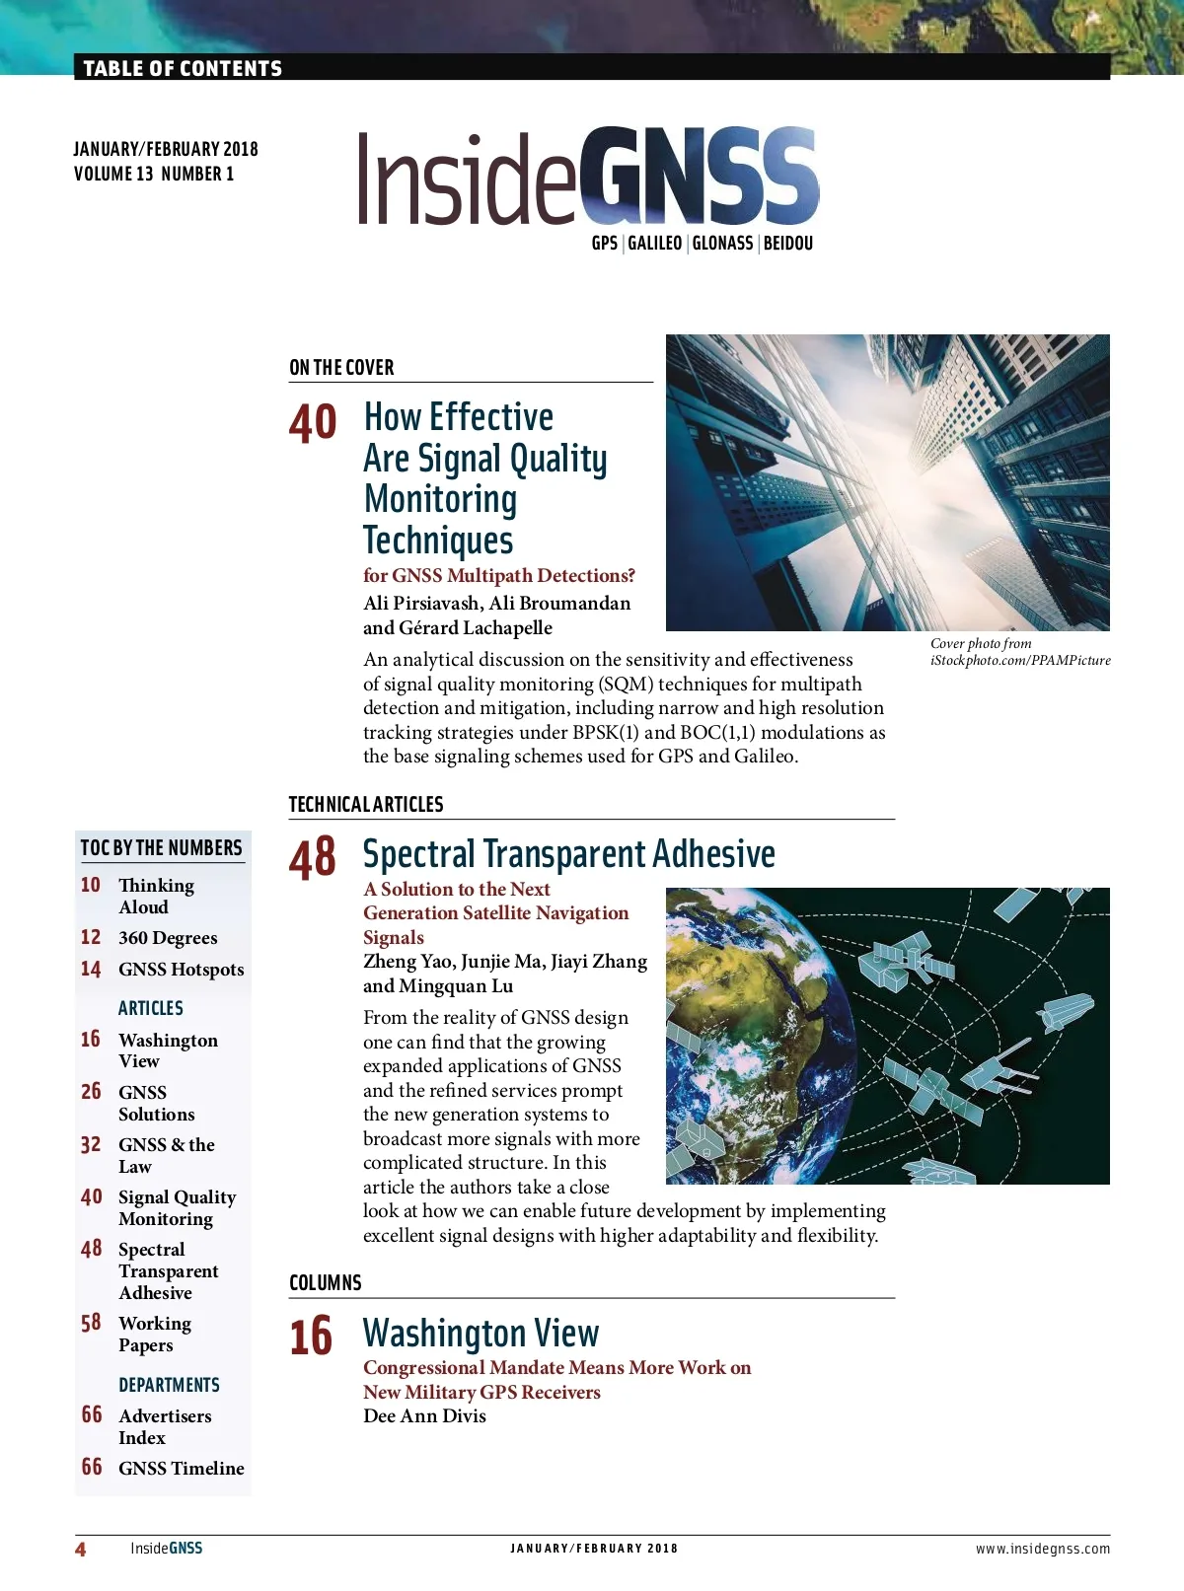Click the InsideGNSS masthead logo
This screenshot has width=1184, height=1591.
pyautogui.click(x=588, y=178)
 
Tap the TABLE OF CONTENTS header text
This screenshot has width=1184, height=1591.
pyautogui.click(x=183, y=68)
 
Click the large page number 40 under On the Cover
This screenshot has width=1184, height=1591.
pyautogui.click(x=313, y=423)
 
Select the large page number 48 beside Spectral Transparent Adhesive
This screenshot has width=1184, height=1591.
pyautogui.click(x=313, y=857)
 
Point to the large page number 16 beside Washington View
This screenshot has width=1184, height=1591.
pyautogui.click(x=311, y=1337)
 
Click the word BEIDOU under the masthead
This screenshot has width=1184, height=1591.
pyautogui.click(x=788, y=244)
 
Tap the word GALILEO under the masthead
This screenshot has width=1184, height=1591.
pyautogui.click(x=655, y=244)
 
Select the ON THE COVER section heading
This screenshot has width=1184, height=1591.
pyautogui.click(x=341, y=368)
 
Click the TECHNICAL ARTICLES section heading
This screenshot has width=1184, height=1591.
pyautogui.click(x=366, y=805)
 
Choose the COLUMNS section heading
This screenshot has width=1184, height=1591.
pyautogui.click(x=326, y=1283)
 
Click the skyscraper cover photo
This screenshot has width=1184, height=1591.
pyautogui.click(x=887, y=482)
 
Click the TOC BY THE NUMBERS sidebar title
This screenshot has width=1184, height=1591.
pyautogui.click(x=161, y=848)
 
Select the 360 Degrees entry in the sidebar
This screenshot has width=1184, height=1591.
pyautogui.click(x=168, y=938)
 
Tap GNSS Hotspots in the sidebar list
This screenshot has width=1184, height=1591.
pyautogui.click(x=181, y=970)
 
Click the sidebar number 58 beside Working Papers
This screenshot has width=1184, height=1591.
pyautogui.click(x=91, y=1323)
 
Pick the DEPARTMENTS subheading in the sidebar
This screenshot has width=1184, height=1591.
pyautogui.click(x=169, y=1385)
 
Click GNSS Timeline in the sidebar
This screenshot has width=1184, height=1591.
pyautogui.click(x=181, y=1468)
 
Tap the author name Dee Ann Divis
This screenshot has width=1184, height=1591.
pyautogui.click(x=424, y=1416)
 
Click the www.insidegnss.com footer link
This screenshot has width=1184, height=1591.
pyautogui.click(x=1042, y=1549)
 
